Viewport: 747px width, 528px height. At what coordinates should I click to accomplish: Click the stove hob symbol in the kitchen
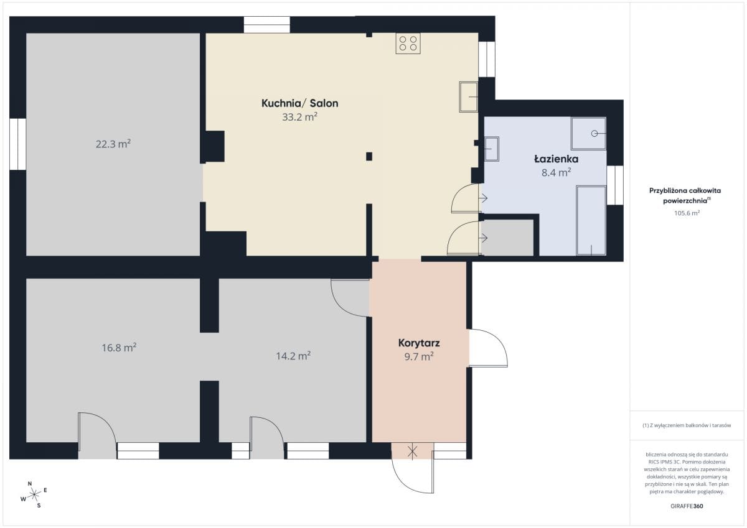408,44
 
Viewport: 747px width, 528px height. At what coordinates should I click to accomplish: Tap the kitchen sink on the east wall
469,96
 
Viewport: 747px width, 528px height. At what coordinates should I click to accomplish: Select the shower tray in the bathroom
588,133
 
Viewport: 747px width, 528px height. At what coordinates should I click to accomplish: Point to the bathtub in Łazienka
591,221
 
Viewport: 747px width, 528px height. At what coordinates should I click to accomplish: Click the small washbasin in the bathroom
492,149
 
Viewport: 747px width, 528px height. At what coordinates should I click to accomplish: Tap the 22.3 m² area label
113,144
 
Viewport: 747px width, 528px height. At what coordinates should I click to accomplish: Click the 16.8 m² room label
119,348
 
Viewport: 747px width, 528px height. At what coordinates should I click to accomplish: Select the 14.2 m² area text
293,356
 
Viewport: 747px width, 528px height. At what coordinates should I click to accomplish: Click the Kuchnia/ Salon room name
300,103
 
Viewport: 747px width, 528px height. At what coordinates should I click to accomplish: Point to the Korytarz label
419,343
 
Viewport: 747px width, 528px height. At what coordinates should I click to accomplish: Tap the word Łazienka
557,159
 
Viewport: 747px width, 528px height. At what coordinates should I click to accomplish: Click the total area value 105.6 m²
687,213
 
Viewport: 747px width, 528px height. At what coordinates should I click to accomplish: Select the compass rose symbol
34,494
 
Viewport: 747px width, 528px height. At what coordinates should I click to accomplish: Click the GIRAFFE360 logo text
687,506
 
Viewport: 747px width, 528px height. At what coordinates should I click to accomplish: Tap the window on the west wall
17,144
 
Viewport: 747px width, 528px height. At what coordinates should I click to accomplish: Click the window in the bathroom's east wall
615,185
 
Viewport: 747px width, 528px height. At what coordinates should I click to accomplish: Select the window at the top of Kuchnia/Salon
267,25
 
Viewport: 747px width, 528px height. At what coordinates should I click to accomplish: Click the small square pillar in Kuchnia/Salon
369,156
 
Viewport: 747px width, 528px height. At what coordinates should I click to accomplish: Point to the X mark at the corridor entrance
413,452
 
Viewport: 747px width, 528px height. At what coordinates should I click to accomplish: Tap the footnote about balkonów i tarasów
687,425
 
